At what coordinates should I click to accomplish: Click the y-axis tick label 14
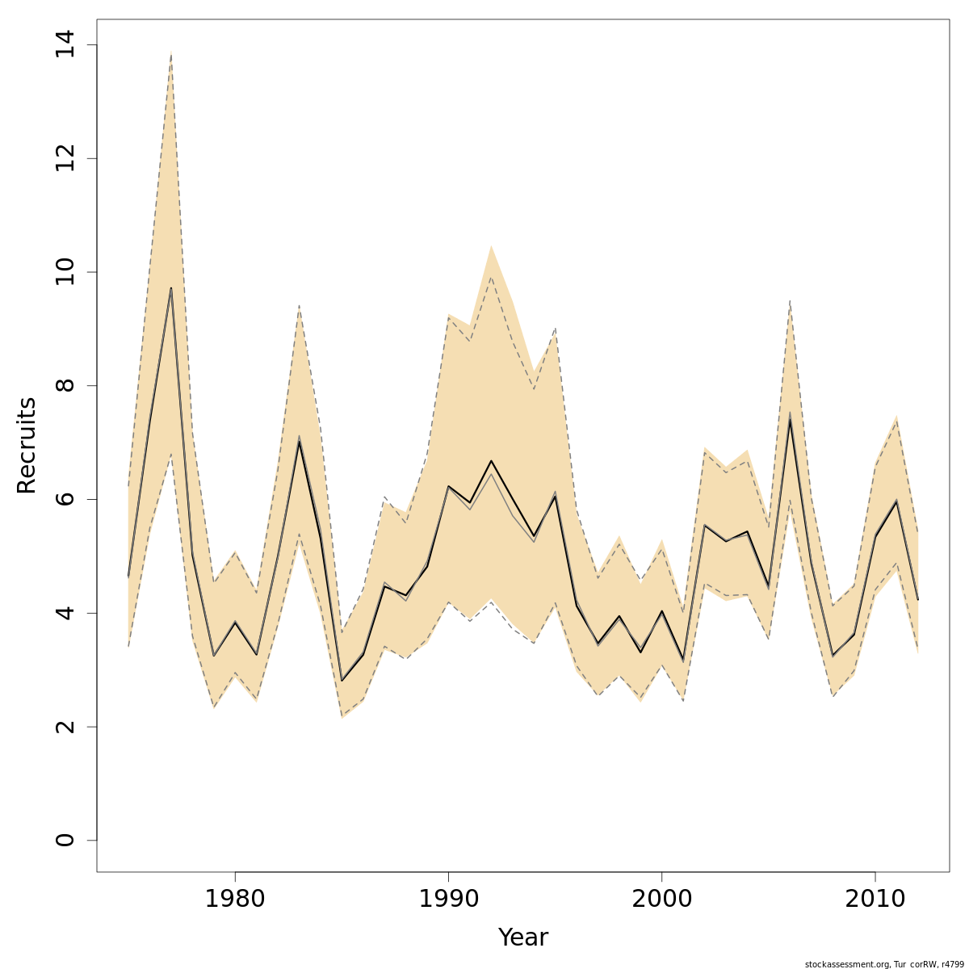pos(65,44)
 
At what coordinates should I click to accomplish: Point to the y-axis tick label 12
pos(65,158)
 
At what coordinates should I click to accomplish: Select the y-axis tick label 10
pos(65,272)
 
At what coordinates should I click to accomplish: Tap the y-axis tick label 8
pos(65,385)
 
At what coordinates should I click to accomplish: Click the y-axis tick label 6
pos(65,499)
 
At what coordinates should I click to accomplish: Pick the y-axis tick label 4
pos(65,613)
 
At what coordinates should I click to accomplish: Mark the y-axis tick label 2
pos(65,727)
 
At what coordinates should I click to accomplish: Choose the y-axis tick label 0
pos(65,840)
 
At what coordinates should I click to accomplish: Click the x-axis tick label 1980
pos(235,900)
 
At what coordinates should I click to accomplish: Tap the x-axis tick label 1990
pos(448,900)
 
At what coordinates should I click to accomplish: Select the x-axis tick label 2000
pos(662,900)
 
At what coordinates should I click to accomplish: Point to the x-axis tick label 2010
pos(875,900)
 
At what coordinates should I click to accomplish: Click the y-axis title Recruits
pos(27,445)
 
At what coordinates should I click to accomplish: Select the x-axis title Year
pos(522,938)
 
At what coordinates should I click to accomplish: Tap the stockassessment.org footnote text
pos(884,963)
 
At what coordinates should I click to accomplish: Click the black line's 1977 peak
pos(171,288)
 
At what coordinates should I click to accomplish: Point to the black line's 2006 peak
pos(790,418)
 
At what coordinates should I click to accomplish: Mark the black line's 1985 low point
pos(342,680)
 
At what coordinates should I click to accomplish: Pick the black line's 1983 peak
pos(299,441)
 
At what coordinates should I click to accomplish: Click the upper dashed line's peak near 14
pos(171,53)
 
